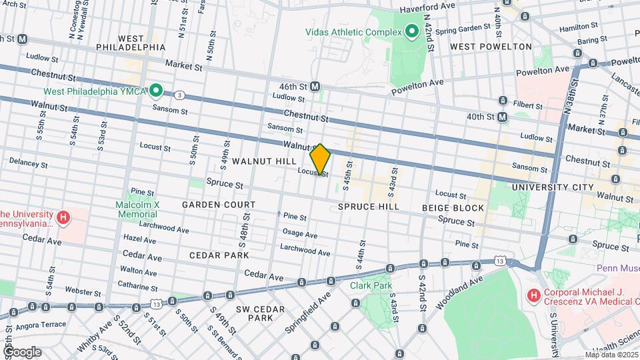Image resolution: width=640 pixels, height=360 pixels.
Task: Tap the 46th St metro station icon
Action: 315,86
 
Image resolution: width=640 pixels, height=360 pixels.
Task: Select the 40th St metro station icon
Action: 502,117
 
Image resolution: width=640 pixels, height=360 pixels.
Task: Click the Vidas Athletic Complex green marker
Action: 412,31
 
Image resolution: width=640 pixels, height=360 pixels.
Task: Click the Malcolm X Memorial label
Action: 137,209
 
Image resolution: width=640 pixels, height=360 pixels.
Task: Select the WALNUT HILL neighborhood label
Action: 263,162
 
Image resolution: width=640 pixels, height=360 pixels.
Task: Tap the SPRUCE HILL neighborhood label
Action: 368,207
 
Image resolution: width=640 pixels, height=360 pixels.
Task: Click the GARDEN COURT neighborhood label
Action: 219,205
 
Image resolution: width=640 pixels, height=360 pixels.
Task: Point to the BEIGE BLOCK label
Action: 453,208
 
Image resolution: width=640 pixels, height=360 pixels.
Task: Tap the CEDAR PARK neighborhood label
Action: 219,255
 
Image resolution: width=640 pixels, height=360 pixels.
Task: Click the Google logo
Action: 21,352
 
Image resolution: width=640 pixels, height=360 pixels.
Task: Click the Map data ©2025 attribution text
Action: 611,355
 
